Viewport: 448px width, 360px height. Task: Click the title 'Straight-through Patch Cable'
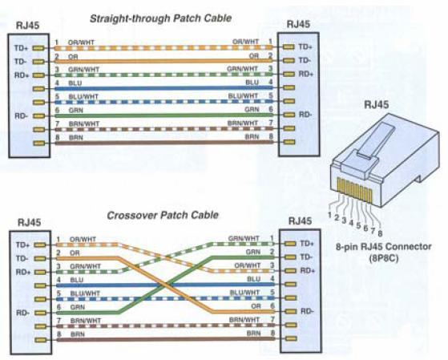[x=160, y=18]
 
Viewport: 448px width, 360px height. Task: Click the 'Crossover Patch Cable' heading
[x=163, y=215]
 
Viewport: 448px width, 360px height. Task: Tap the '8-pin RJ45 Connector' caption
[x=383, y=246]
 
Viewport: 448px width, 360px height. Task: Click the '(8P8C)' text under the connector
[x=383, y=258]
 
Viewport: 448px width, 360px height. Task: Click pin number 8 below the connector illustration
[x=380, y=233]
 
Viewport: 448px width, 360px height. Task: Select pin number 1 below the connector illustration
[x=329, y=215]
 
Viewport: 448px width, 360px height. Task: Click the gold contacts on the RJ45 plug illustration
[x=354, y=190]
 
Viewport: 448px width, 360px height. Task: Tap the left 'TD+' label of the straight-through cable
[x=21, y=48]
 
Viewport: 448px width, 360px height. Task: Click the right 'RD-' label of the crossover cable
[x=308, y=311]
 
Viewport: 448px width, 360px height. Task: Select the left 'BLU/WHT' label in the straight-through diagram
[x=83, y=97]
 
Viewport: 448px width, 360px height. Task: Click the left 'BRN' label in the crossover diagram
[x=78, y=334]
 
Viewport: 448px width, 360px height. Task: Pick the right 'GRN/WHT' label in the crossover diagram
[x=244, y=238]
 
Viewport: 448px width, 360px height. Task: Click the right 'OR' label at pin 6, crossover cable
[x=256, y=306]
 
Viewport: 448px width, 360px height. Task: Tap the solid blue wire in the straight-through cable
[x=163, y=87]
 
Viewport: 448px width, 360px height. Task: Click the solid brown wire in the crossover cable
[x=166, y=339]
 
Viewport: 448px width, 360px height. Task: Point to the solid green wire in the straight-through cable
[x=163, y=115]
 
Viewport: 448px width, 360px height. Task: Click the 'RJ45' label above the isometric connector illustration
[x=377, y=105]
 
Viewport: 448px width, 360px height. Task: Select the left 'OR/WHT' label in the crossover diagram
[x=83, y=240]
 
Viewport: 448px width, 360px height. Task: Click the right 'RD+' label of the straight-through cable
[x=306, y=74]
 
